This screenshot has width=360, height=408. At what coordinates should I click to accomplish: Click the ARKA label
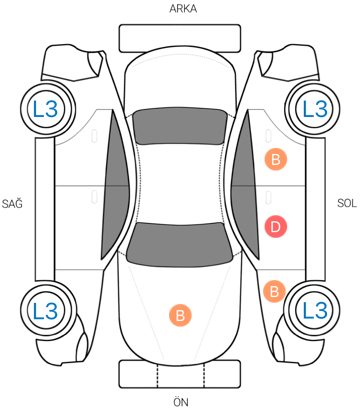(x=183, y=9)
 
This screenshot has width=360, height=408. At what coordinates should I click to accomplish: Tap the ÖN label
(x=181, y=401)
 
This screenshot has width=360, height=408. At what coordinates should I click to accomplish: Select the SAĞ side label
(x=12, y=203)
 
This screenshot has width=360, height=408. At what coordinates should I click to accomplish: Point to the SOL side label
(x=347, y=203)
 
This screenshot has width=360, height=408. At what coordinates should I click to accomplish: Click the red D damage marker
(x=276, y=227)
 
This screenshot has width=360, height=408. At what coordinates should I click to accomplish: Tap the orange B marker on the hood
(x=180, y=315)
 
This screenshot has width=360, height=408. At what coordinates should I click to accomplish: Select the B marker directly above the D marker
(x=276, y=160)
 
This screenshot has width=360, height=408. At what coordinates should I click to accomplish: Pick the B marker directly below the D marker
(x=274, y=292)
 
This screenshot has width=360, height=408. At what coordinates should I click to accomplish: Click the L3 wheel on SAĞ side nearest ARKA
(x=46, y=109)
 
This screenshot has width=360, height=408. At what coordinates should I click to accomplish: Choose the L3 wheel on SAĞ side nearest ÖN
(x=46, y=310)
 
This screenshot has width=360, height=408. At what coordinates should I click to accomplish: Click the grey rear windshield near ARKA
(x=179, y=126)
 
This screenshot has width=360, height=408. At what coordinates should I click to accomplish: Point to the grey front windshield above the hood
(x=180, y=244)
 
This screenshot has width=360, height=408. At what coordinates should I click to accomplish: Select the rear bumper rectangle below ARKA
(x=180, y=38)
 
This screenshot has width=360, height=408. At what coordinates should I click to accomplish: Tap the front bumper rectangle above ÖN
(x=180, y=374)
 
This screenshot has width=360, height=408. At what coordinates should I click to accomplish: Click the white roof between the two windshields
(x=180, y=184)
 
